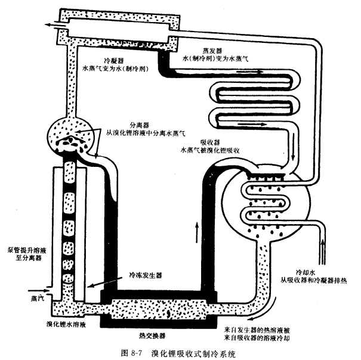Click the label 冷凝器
click(x=114, y=61)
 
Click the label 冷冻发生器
click(x=147, y=276)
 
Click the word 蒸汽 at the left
click(x=34, y=294)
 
